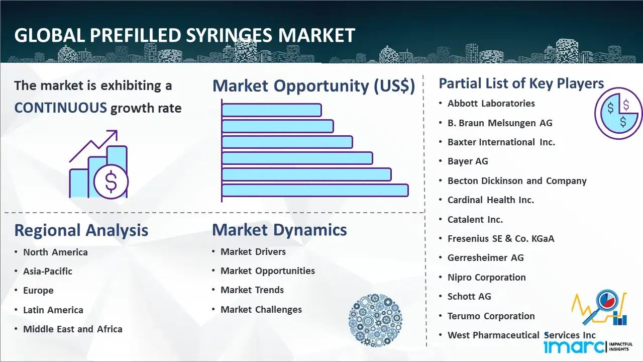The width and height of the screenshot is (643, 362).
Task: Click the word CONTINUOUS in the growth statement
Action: [61, 108]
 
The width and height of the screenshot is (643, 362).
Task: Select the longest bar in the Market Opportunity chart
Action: [315, 191]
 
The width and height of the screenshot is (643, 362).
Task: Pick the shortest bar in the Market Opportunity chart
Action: [272, 110]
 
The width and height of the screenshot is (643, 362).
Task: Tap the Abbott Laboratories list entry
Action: [491, 104]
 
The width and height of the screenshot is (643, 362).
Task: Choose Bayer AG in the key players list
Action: [468, 161]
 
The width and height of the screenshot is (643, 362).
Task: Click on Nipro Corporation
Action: [487, 278]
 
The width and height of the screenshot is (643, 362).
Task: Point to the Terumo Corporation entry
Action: [491, 316]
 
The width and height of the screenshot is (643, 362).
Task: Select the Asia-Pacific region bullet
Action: [48, 271]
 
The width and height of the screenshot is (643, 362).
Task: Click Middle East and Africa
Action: [73, 329]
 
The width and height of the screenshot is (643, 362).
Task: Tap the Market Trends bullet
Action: [252, 290]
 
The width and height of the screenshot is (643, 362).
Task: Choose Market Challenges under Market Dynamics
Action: [261, 309]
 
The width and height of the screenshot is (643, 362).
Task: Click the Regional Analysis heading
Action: [81, 230]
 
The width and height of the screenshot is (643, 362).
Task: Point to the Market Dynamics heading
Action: [279, 230]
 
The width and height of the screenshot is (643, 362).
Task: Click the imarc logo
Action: [588, 346]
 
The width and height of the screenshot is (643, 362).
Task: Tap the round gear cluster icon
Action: [375, 320]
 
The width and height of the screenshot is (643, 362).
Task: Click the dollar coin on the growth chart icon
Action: [111, 182]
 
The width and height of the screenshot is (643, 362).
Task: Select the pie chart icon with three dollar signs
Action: [618, 114]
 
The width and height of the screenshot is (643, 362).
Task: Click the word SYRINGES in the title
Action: [229, 36]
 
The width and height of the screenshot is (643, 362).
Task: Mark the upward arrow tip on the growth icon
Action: [117, 131]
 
